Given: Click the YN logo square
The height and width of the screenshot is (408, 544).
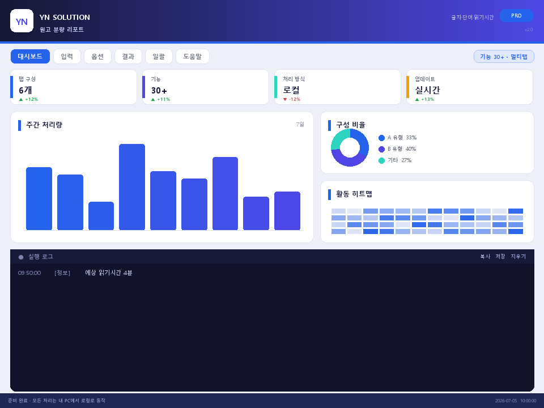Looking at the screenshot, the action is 22,21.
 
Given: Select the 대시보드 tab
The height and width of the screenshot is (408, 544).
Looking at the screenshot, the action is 30,57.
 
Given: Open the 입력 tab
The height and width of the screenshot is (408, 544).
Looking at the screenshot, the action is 67,57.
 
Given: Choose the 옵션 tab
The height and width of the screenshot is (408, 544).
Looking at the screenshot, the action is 97,57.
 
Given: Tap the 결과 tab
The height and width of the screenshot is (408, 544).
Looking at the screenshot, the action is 128,57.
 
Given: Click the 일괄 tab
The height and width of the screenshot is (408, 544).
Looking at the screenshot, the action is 159,57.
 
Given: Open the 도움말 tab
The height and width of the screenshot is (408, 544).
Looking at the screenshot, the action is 193,57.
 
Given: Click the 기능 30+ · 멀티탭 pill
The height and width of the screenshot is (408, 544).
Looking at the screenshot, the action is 504,57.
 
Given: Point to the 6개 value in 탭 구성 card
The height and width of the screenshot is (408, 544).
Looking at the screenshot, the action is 25,90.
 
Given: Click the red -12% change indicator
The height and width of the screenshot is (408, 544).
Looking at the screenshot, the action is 292,99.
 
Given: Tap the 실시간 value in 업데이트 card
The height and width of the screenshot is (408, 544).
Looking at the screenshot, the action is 427,90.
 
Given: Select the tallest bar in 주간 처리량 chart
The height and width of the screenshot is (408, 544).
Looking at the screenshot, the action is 132,187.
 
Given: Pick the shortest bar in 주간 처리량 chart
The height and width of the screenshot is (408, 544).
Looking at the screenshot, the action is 101,216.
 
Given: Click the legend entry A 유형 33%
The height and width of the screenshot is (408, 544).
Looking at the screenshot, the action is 398,138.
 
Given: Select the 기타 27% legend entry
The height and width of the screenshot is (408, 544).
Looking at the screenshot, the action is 395,160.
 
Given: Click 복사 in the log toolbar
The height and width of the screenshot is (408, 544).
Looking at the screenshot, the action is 485,256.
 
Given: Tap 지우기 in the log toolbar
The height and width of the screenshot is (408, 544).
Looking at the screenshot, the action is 518,256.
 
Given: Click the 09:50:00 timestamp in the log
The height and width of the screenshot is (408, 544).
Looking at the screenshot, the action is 29,273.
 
